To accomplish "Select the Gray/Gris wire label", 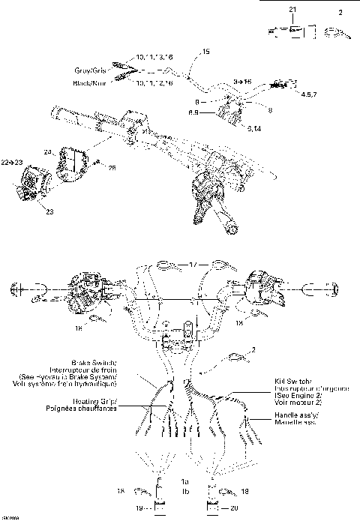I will [x=91, y=72].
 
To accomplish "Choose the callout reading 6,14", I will [x=254, y=128].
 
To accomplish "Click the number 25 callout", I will [x=112, y=166].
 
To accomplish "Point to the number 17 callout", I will [x=193, y=265].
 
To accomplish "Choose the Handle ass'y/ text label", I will [x=294, y=415].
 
